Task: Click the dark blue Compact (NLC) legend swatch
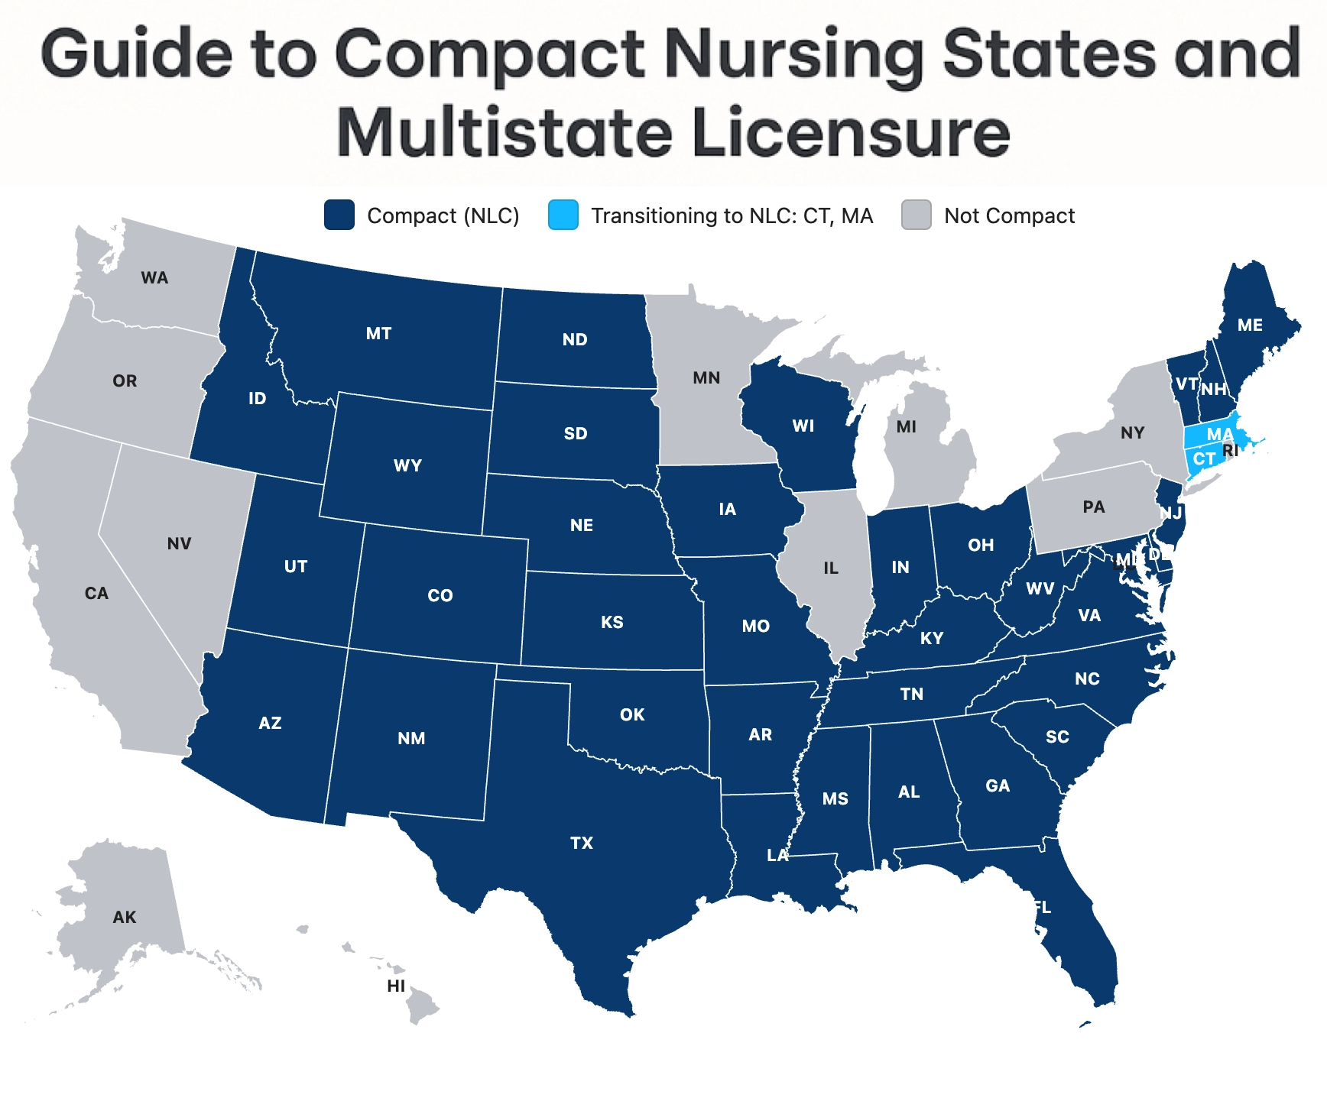point(339,215)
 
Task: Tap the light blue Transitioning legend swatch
point(563,215)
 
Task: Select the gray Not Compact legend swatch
point(916,215)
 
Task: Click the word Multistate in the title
point(505,133)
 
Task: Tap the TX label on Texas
point(582,843)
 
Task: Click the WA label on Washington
point(154,278)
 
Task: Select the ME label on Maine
point(1250,325)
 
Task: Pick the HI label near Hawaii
point(396,986)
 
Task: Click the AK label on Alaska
point(125,918)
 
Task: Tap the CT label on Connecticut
point(1204,459)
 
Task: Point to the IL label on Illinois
point(831,568)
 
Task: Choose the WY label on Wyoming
point(407,466)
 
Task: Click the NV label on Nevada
point(179,544)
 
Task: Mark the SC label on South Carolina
point(1057,737)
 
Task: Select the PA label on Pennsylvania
point(1094,507)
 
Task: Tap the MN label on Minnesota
point(706,378)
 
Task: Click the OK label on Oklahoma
point(632,715)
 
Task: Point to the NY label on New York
point(1132,433)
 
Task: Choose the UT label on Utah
point(296,567)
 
